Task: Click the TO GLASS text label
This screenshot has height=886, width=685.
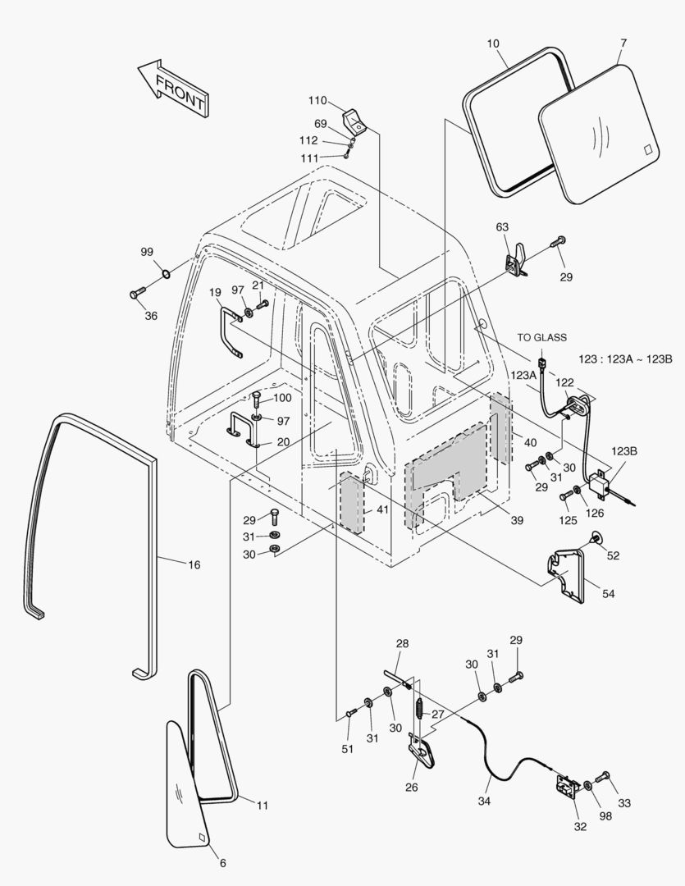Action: pyautogui.click(x=541, y=337)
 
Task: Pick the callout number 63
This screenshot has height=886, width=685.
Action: pyautogui.click(x=502, y=226)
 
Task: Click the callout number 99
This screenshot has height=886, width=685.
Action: pyautogui.click(x=147, y=252)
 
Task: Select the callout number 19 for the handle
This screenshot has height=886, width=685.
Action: pyautogui.click(x=214, y=292)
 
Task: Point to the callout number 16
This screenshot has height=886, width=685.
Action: pyautogui.click(x=194, y=565)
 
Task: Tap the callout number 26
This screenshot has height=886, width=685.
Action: pyautogui.click(x=411, y=788)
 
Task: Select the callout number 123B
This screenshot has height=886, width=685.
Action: pyautogui.click(x=623, y=450)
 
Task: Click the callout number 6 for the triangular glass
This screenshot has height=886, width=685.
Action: pyautogui.click(x=222, y=862)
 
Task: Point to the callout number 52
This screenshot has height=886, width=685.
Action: pyautogui.click(x=613, y=555)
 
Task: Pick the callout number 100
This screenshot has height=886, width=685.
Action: pyautogui.click(x=281, y=398)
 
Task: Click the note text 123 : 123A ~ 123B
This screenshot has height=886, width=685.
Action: pyautogui.click(x=625, y=359)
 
